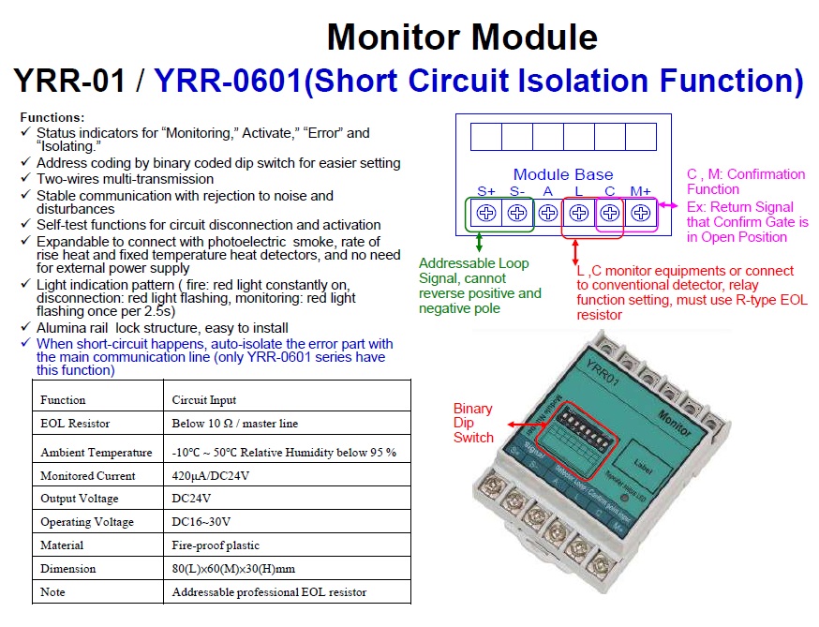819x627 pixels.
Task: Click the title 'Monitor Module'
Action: pos(461,37)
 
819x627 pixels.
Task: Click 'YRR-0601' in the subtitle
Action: pos(229,82)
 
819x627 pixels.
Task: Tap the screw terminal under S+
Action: pos(485,213)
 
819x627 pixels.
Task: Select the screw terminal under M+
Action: pos(641,213)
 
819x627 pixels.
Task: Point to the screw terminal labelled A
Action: pos(547,213)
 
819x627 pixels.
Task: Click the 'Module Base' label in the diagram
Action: pos(562,174)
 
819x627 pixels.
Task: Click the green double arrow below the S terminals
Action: pos(480,244)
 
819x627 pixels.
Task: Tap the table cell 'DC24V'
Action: pos(192,499)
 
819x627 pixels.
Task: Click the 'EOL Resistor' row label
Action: pos(75,424)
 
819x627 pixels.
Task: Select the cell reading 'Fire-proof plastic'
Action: pos(216,545)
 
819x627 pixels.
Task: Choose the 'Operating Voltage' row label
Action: pos(87,522)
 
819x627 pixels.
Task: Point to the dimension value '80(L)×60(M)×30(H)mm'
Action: pos(233,568)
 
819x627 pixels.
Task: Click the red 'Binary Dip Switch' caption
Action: pos(472,424)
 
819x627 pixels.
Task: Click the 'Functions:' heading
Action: pos(52,118)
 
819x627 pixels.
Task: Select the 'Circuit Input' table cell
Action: pos(203,400)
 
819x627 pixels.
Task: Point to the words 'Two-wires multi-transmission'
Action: pos(125,178)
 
